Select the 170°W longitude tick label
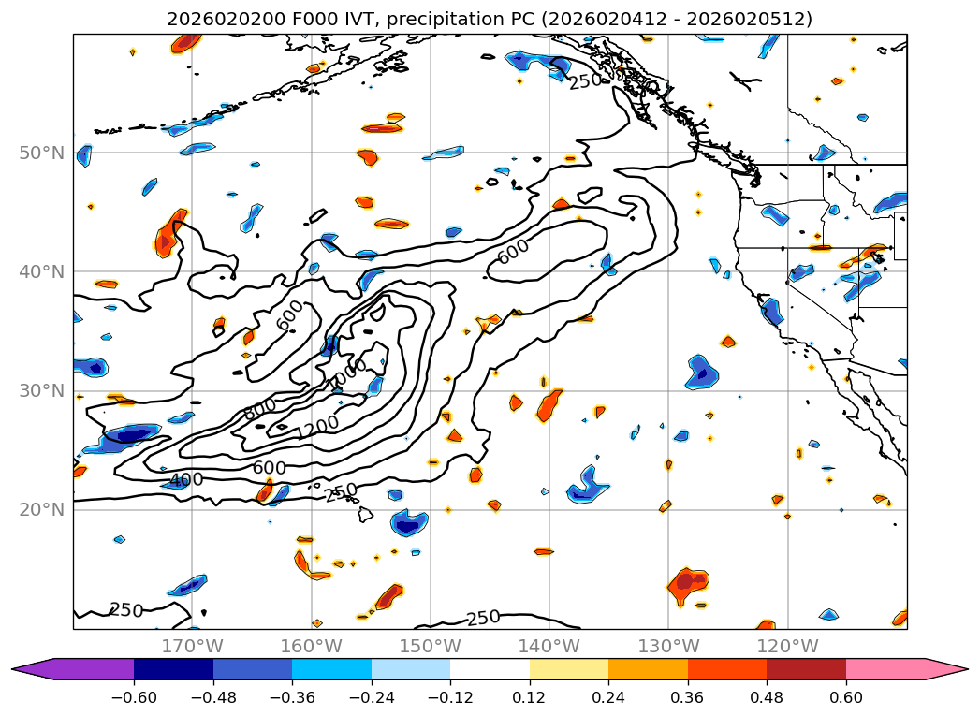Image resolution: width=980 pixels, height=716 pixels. [x=192, y=646]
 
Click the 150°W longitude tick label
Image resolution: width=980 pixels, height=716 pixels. [x=430, y=646]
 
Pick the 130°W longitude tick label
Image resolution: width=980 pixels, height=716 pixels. [x=667, y=646]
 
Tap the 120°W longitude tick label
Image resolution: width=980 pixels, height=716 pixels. [x=786, y=646]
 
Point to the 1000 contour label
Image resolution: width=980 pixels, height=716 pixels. [x=348, y=375]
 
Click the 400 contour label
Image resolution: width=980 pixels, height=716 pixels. [x=185, y=480]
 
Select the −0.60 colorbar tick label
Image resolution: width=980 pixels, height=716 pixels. [x=134, y=698]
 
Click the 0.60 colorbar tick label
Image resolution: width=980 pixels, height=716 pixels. [x=845, y=698]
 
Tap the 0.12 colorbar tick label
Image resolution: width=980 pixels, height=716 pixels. [x=529, y=698]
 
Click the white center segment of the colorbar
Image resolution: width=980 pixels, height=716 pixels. [x=490, y=669]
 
